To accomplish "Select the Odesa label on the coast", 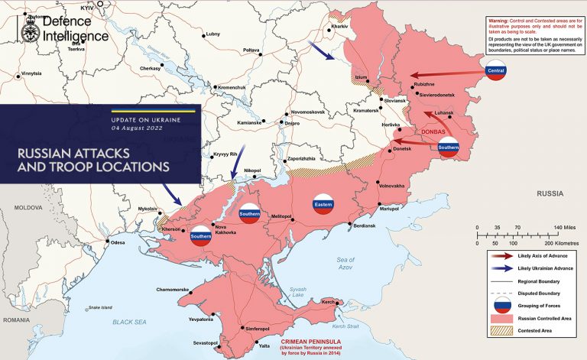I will (x=118, y=243).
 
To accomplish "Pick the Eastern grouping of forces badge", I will (x=323, y=203).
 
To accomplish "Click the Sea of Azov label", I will (x=346, y=264).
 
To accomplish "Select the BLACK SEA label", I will (x=128, y=323).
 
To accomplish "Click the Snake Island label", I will (x=100, y=308).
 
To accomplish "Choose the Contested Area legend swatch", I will (x=501, y=330).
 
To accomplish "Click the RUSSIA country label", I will (x=550, y=194).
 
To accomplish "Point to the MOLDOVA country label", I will (x=28, y=208).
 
